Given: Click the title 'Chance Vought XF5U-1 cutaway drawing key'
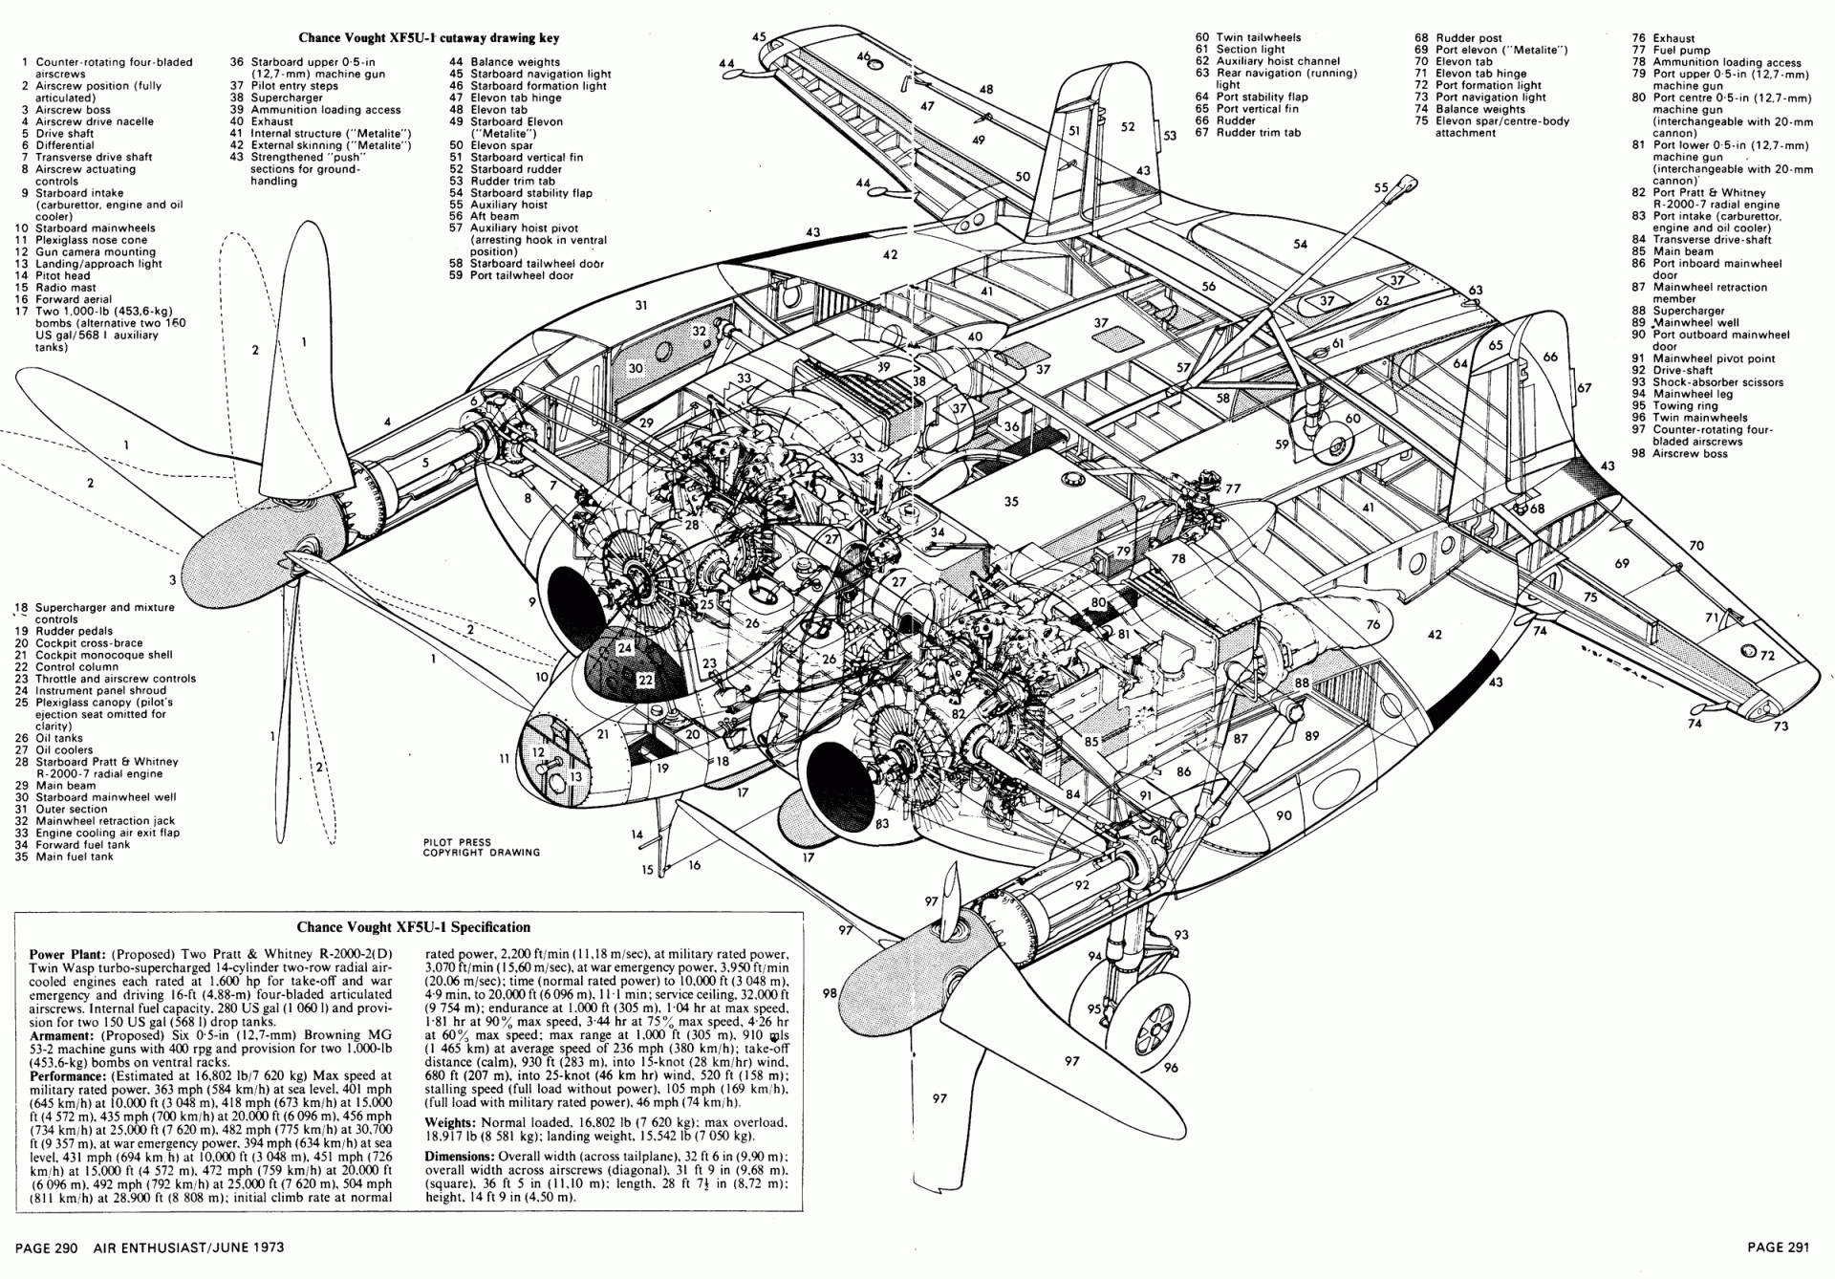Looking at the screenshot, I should pos(428,38).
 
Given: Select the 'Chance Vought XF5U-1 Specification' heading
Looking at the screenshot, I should pos(413,926).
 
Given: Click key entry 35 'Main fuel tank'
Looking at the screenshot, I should pos(75,856).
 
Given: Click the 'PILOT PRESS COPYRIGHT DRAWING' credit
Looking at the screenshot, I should pos(481,848).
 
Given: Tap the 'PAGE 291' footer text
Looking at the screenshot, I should pos(1779,1246).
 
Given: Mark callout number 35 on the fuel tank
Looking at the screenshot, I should pos(1011,501).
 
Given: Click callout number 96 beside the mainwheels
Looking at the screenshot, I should pos(1171,1068).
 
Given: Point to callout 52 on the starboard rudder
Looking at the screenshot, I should pos(1128,126).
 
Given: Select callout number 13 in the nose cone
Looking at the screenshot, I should pos(575,777).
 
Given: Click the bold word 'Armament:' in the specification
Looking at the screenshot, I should pos(61,1035).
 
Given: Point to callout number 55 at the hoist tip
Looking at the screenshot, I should pos(1380,188).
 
